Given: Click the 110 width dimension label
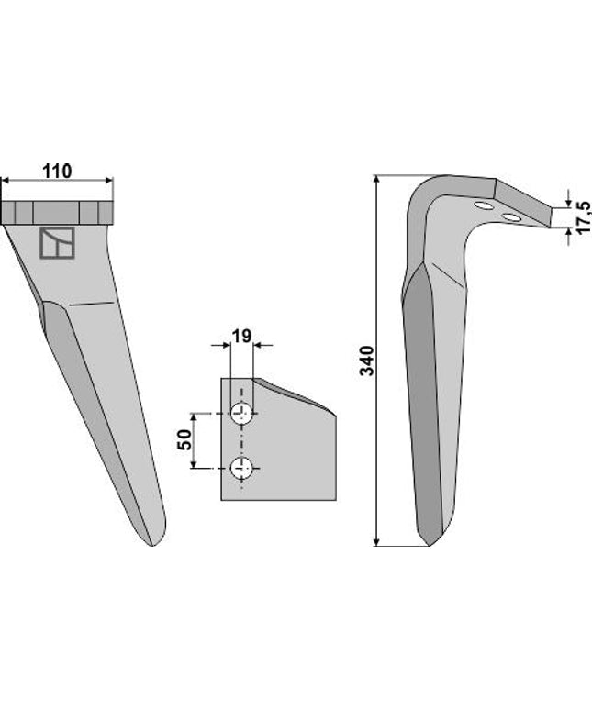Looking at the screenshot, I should pos(56,171).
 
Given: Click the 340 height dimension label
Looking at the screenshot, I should pos(366,360).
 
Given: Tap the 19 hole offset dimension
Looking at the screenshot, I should pos(240,336).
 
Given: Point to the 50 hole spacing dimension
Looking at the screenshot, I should pos(184,440).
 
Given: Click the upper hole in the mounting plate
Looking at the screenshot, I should pos(243,414).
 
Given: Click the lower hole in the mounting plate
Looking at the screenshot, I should pos(243,468).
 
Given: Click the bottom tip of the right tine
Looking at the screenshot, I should pos(428,542).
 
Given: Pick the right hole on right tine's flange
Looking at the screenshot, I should pos(509,217).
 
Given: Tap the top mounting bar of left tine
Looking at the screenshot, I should pos(58,213).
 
